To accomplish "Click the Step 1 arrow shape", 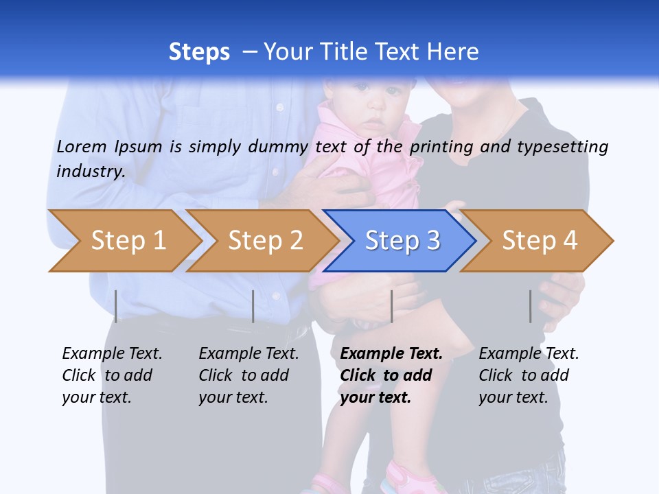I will [127, 241].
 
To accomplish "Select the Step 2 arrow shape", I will [264, 241].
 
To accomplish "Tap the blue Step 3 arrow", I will [402, 241].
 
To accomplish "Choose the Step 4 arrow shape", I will [539, 241].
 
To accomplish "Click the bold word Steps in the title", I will [199, 52].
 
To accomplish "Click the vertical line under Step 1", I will [116, 306].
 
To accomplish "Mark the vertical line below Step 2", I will [253, 306].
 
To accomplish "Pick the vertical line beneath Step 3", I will [391, 306].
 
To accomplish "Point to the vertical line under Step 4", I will [530, 306].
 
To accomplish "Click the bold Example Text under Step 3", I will [391, 354].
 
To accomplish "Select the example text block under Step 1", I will [112, 375].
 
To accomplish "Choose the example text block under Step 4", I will [529, 375].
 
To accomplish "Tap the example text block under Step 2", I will [248, 375].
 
